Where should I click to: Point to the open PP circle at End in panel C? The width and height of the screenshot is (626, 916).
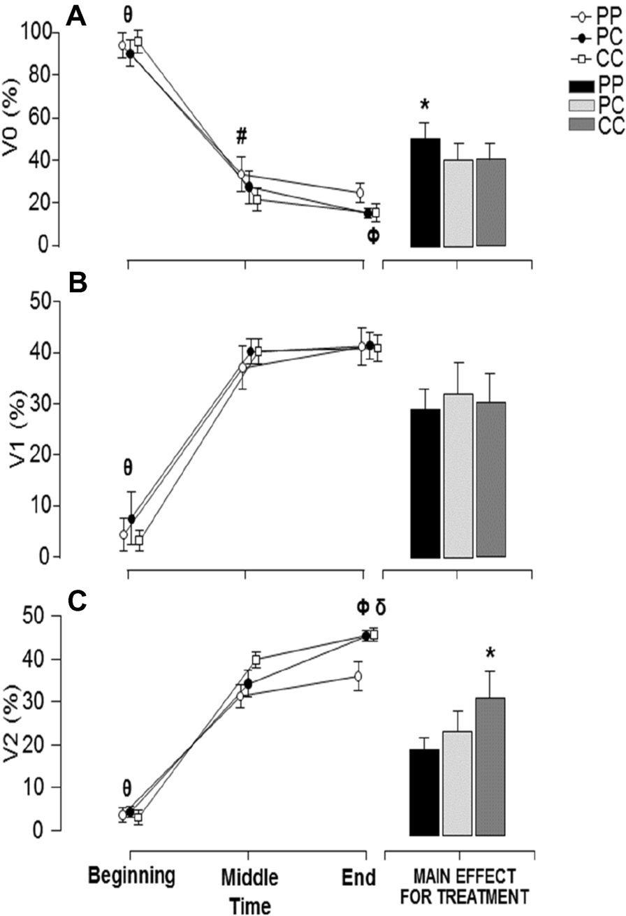[x=359, y=676]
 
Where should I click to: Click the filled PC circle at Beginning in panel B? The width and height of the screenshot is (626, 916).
[x=131, y=519]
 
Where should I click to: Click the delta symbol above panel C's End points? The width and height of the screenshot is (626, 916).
[x=380, y=606]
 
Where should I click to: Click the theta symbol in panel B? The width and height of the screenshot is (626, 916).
[x=127, y=467]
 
